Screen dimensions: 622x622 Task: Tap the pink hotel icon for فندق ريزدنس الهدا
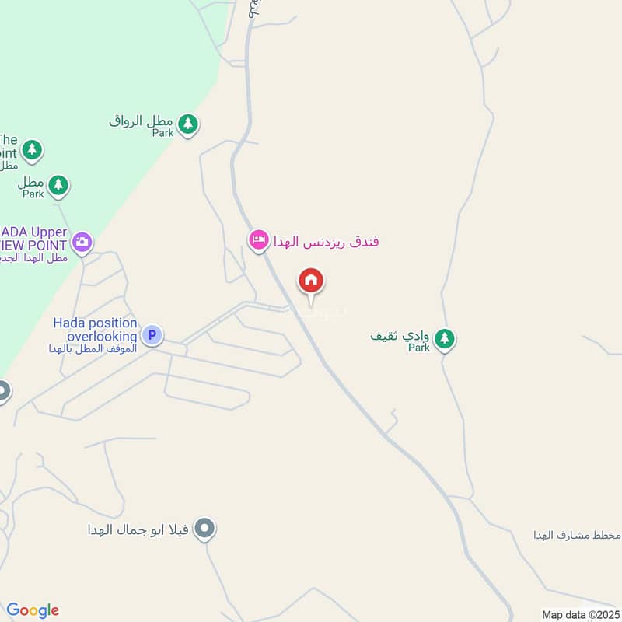(x=259, y=239)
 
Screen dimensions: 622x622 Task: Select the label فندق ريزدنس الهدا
(x=326, y=241)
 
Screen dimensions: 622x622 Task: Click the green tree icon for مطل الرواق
(x=187, y=123)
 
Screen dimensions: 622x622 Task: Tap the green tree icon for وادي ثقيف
(x=444, y=338)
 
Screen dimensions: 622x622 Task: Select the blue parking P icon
(x=152, y=335)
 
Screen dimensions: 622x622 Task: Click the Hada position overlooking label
(x=95, y=330)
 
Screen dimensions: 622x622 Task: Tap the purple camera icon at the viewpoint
(x=82, y=241)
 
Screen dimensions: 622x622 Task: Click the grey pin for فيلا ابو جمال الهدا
(x=204, y=529)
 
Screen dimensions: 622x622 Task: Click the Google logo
(x=33, y=610)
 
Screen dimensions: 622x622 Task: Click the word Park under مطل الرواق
(x=162, y=134)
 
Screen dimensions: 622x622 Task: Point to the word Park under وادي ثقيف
(x=419, y=348)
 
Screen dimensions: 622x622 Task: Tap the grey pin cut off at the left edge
(x=3, y=390)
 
